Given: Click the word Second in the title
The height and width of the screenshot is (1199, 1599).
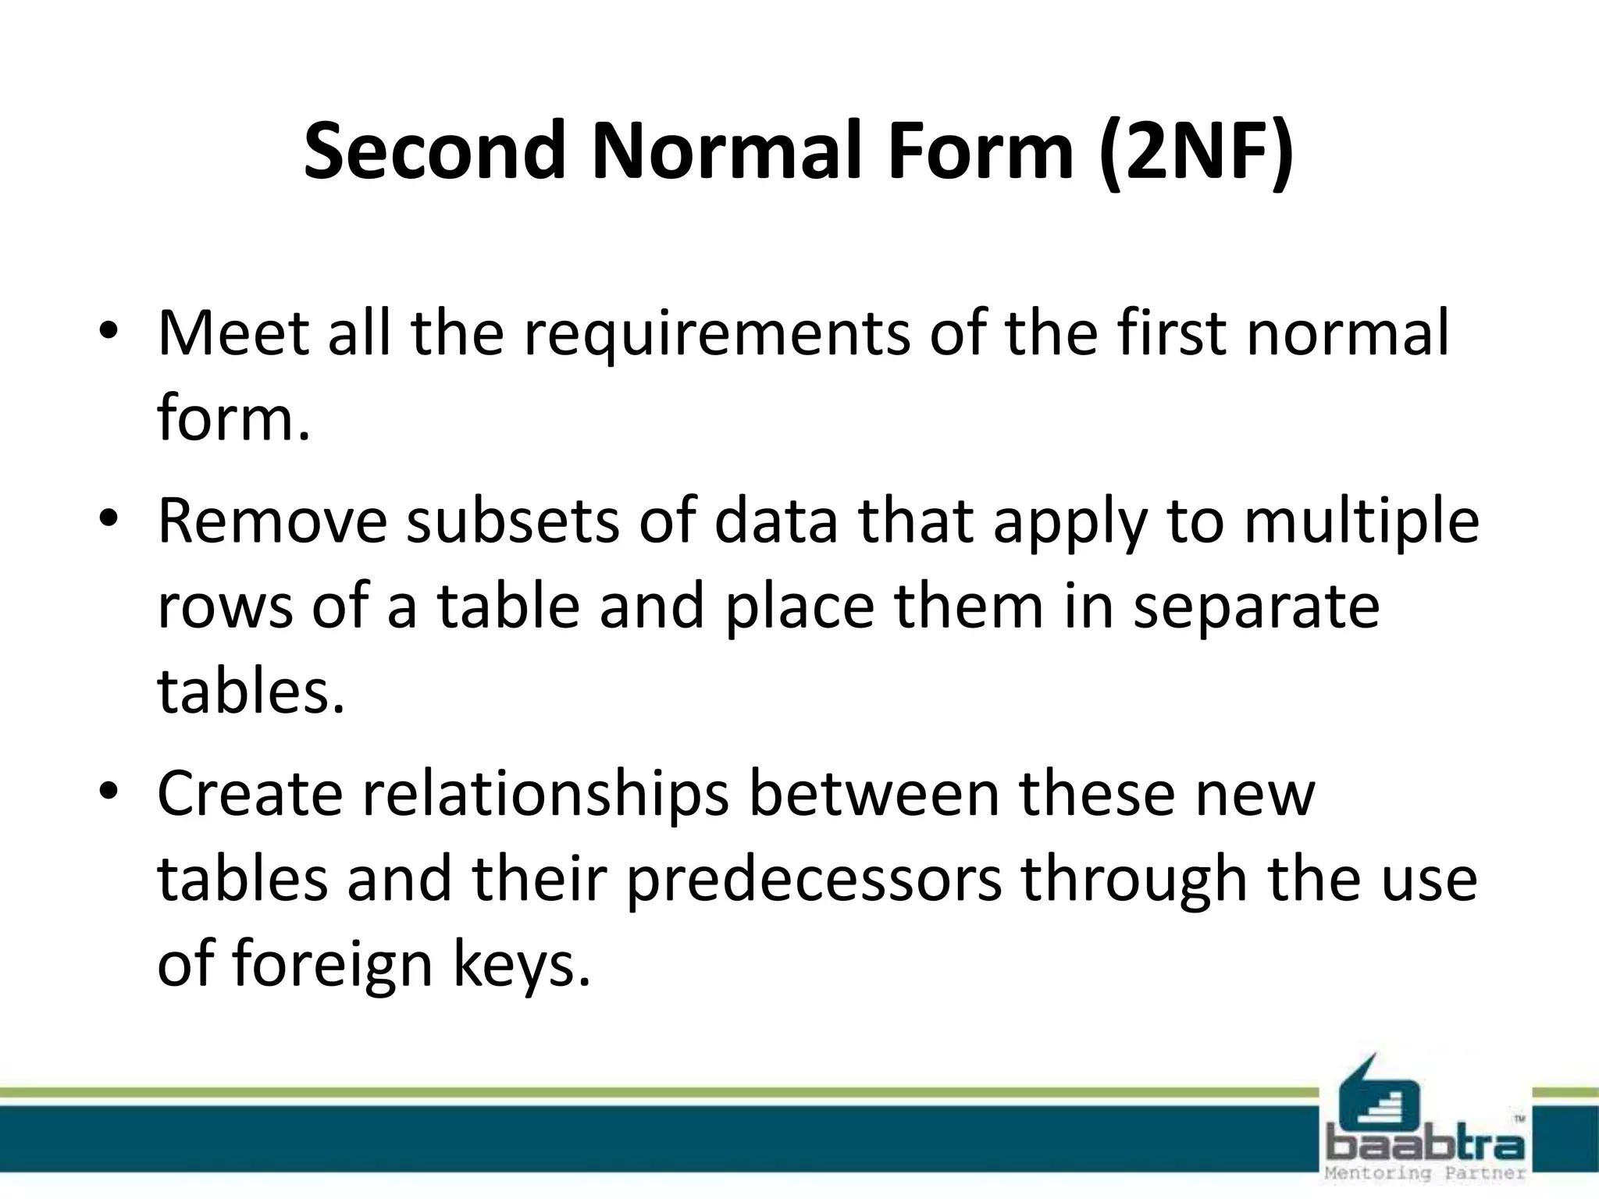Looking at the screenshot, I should (434, 150).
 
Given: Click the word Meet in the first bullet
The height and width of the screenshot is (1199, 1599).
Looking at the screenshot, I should (233, 333).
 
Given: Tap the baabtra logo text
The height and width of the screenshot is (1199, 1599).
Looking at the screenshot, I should (1426, 1146).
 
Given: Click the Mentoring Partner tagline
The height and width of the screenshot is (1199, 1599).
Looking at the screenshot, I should (1426, 1173).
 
